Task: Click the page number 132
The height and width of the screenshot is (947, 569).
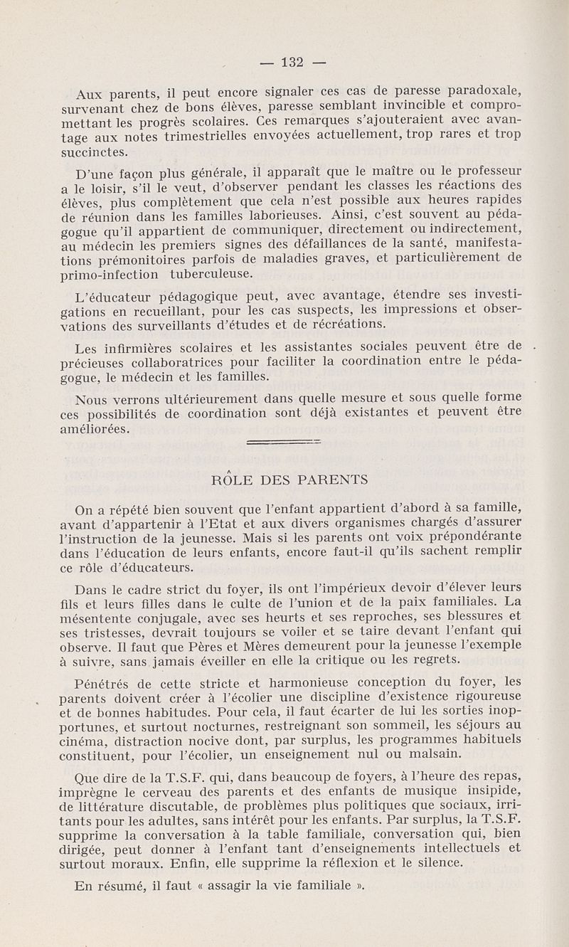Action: pos(293,62)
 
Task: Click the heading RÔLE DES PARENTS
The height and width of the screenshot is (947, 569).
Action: pos(291,480)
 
